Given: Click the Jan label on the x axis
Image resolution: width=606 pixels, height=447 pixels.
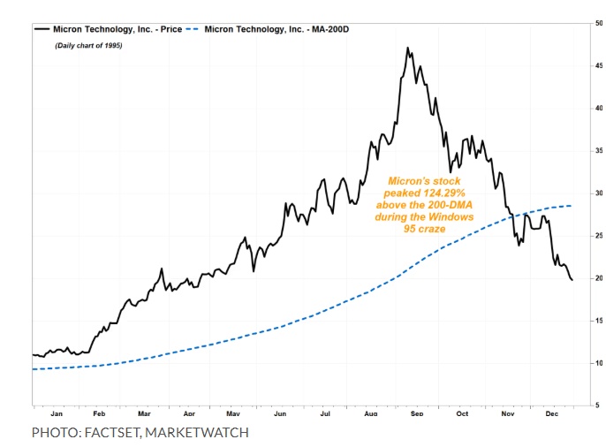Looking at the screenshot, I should [57, 413].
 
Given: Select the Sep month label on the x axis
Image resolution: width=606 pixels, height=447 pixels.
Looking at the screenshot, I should [417, 413].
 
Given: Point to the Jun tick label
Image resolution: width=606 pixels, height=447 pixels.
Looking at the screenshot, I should [281, 413].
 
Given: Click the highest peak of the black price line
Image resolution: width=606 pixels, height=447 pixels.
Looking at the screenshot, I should [407, 48].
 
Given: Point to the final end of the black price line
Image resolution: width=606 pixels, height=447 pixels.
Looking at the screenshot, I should [572, 280].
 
